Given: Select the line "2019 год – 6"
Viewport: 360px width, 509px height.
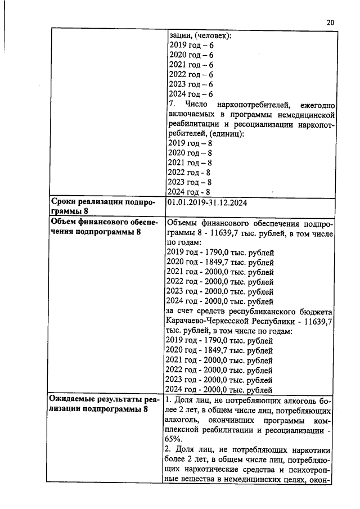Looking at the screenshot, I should click(x=191, y=46).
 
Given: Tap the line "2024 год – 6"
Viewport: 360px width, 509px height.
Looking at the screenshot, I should click(x=191, y=94).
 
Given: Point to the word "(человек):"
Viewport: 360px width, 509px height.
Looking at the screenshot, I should click(x=213, y=35).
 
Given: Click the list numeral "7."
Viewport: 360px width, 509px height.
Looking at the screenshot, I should click(x=172, y=104).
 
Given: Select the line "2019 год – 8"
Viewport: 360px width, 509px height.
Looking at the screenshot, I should click(x=191, y=143).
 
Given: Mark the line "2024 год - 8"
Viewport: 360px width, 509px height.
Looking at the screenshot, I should click(x=190, y=192).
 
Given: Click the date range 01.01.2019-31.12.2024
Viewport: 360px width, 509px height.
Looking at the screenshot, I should click(x=208, y=202).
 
